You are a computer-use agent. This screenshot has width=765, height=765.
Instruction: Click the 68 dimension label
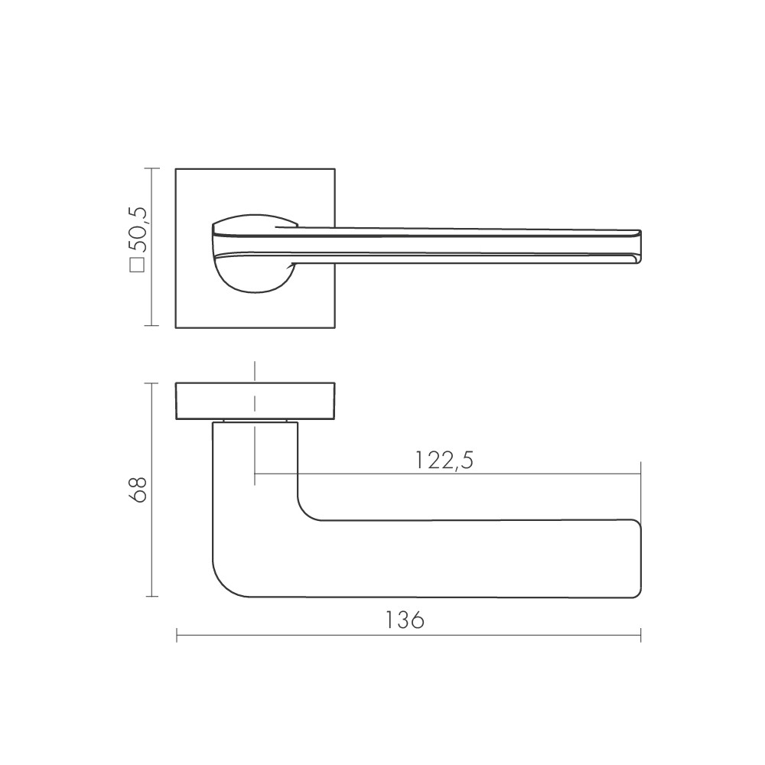pos(138,489)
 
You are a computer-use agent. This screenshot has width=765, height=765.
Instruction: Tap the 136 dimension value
pos(405,620)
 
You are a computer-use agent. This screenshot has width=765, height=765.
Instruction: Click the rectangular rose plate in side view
pos(256,400)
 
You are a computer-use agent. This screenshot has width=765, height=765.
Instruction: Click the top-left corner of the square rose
pos(177,169)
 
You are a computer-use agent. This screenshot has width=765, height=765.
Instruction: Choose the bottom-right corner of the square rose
pos(334,328)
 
